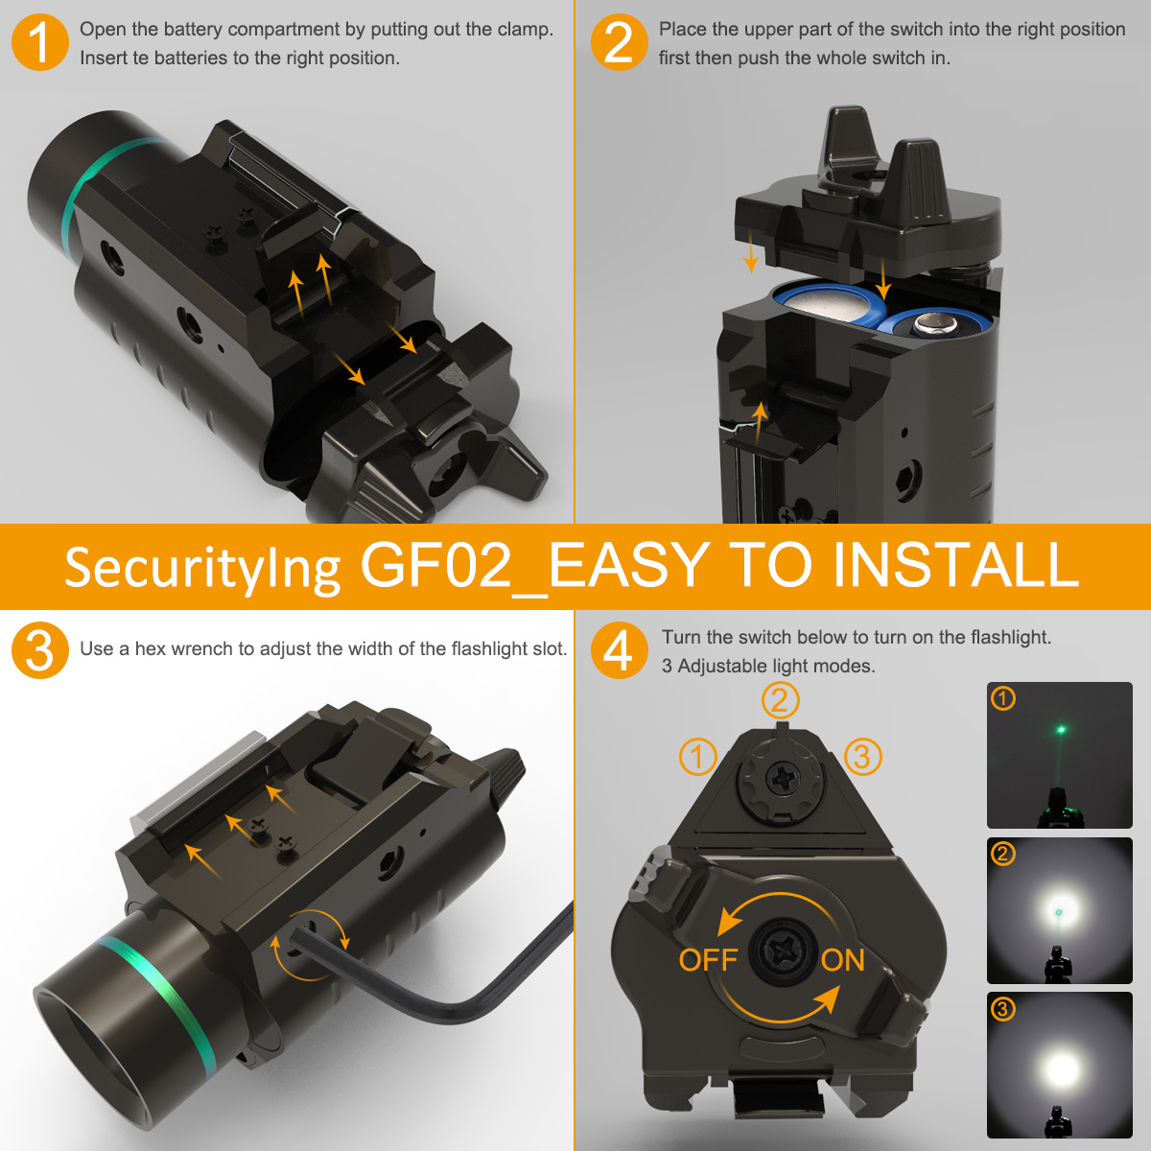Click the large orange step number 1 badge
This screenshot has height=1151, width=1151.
[40, 42]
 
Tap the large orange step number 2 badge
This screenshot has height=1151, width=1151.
[620, 42]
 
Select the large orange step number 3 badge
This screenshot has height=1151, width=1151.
[40, 650]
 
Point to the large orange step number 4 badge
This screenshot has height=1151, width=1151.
[620, 650]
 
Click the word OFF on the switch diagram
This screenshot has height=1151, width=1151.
[709, 960]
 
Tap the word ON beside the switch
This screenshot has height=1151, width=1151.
[843, 960]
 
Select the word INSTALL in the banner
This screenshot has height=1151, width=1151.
[955, 565]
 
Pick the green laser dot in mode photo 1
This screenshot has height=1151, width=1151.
[1062, 729]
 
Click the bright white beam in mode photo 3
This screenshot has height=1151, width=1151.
[1062, 1068]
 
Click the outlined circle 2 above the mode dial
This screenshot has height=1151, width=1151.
[780, 700]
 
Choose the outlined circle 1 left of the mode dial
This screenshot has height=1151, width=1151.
[697, 757]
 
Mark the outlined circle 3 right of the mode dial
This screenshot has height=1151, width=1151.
[862, 757]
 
